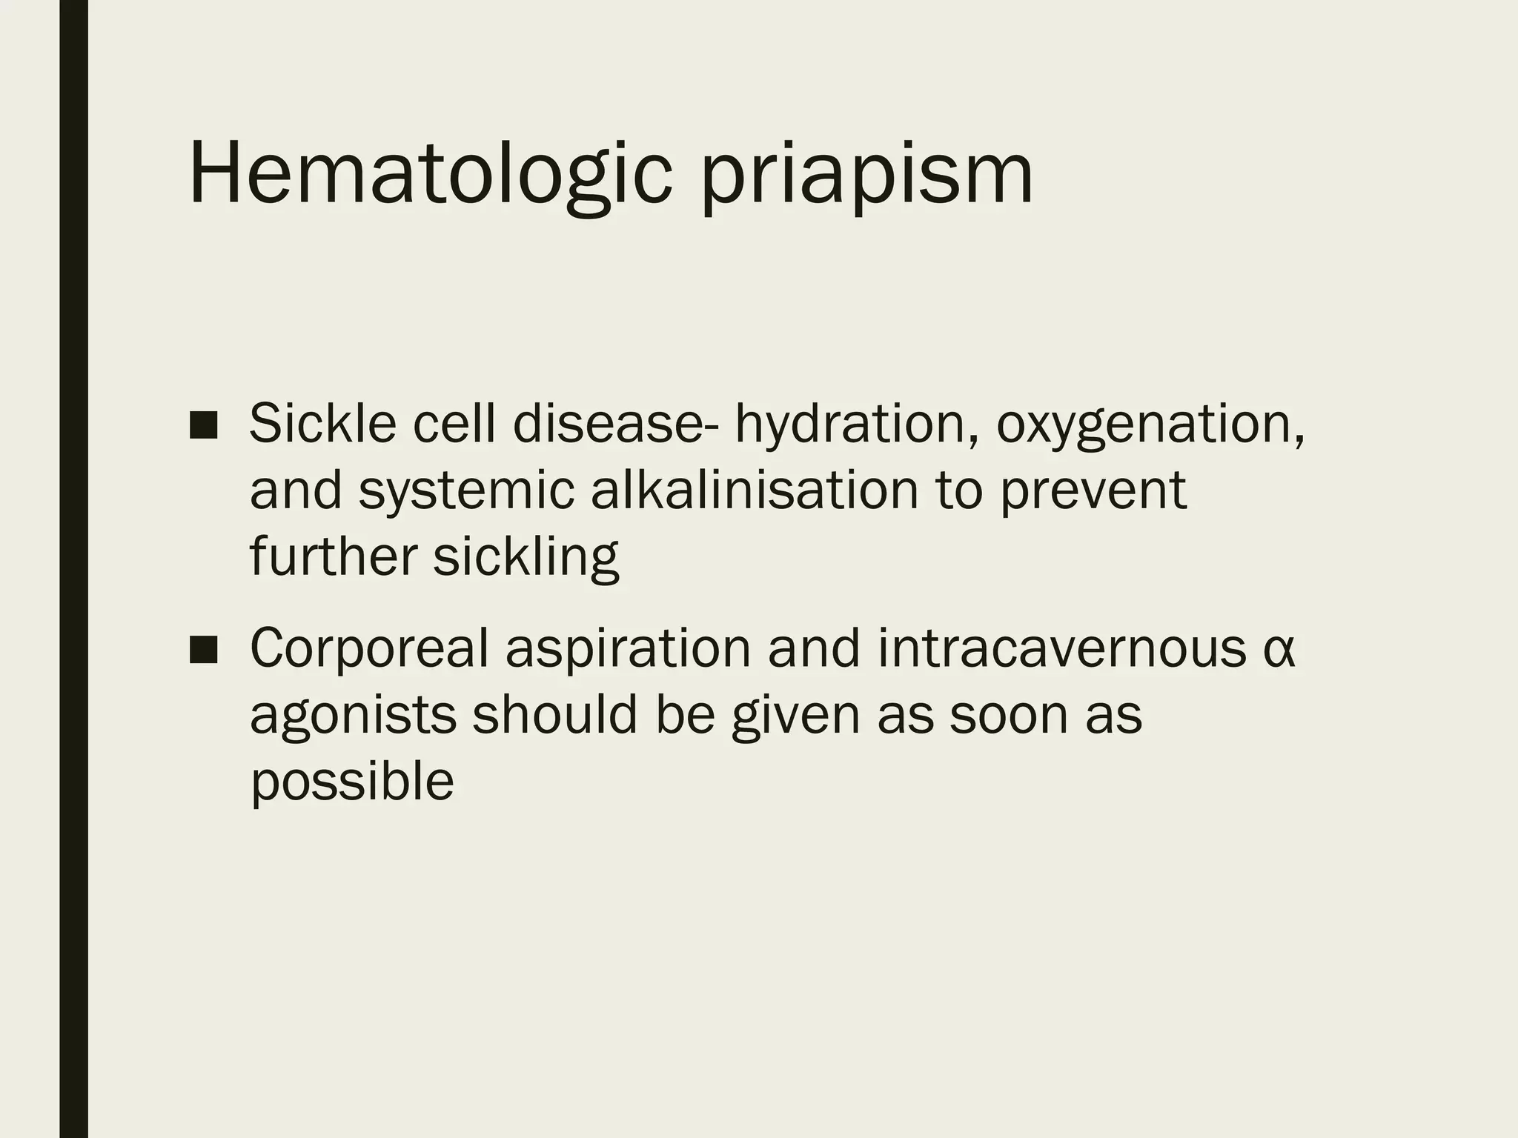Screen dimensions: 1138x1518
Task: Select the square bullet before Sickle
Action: [x=203, y=425]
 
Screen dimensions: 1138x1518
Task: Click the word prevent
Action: [x=1093, y=492]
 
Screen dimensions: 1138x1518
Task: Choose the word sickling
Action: [x=526, y=557]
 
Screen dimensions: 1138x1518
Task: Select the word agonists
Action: [x=352, y=716]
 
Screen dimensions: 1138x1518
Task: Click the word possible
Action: [x=352, y=782]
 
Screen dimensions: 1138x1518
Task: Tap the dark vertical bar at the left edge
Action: [x=73, y=569]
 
